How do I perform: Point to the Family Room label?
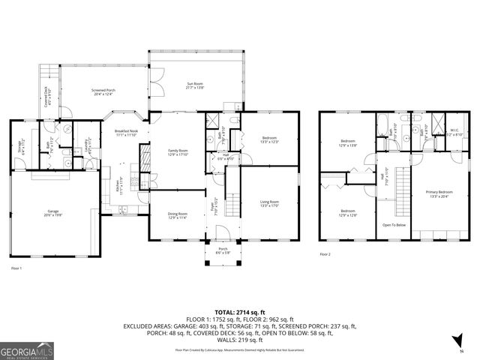(x=177, y=152)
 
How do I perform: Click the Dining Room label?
(x=177, y=215)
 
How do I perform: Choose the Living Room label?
(x=269, y=203)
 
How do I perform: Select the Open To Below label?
(x=394, y=223)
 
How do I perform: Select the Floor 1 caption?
(x=16, y=268)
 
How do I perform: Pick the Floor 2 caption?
(x=325, y=254)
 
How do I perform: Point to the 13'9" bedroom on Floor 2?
(x=349, y=142)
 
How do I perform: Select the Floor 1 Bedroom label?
(x=269, y=139)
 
